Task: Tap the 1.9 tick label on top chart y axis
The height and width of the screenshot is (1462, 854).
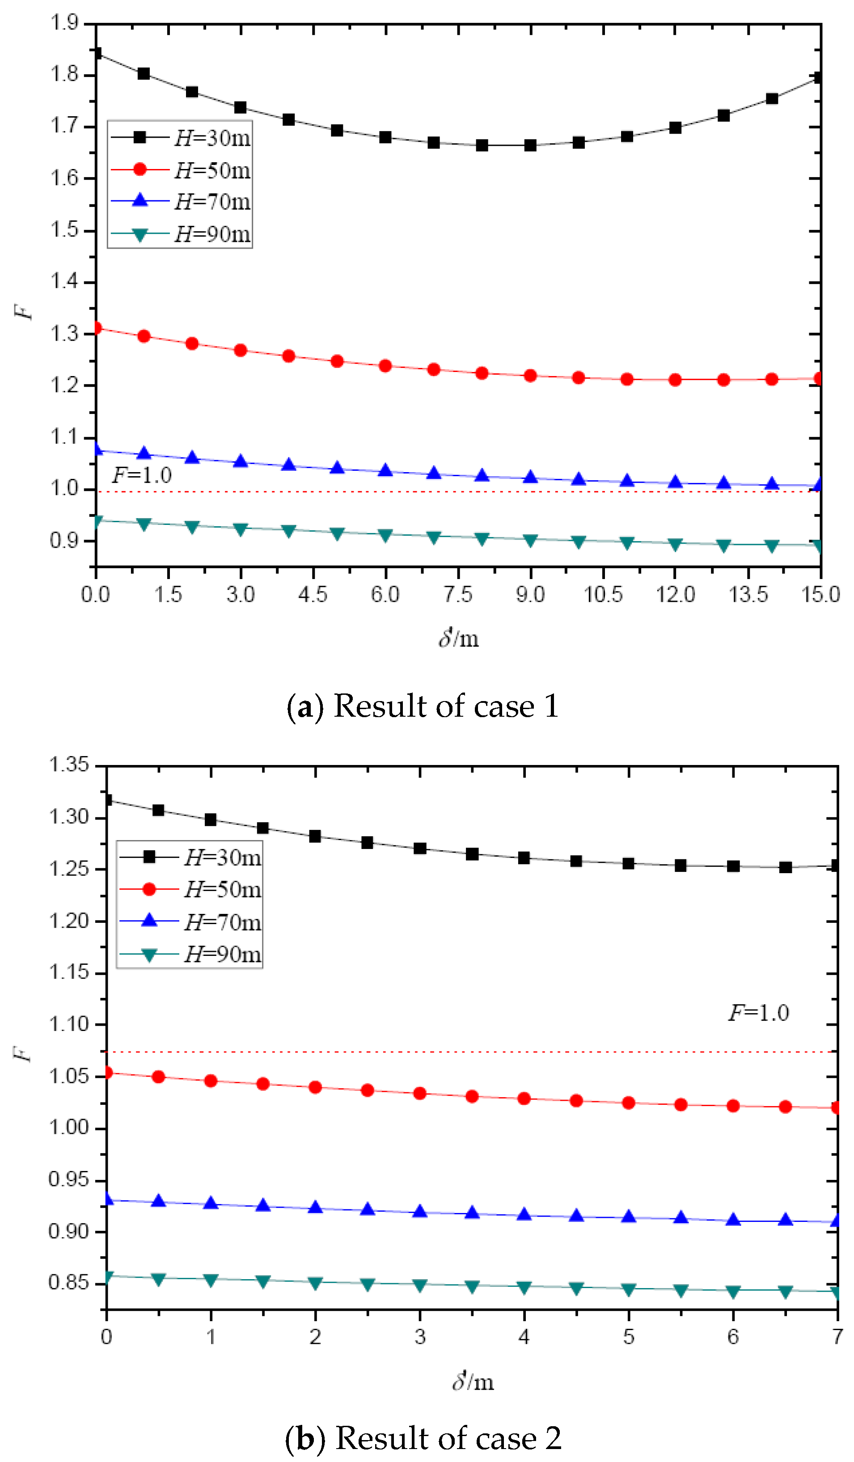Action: (x=64, y=23)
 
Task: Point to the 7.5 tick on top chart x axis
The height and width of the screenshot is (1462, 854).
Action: (x=458, y=594)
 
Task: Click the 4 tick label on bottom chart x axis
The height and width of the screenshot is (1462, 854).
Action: (x=524, y=1337)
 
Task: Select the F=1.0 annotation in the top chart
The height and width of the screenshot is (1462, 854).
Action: (x=142, y=475)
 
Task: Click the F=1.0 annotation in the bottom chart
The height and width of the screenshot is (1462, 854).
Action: (x=759, y=1013)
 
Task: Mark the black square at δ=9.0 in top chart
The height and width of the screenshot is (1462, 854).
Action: (x=530, y=145)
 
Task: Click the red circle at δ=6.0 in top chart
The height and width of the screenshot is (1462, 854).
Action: (x=385, y=366)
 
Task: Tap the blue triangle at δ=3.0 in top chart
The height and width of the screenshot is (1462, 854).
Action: (x=241, y=462)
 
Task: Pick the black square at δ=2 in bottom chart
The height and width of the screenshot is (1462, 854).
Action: (x=315, y=836)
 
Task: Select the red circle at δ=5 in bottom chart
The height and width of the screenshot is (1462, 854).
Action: (x=628, y=1103)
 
